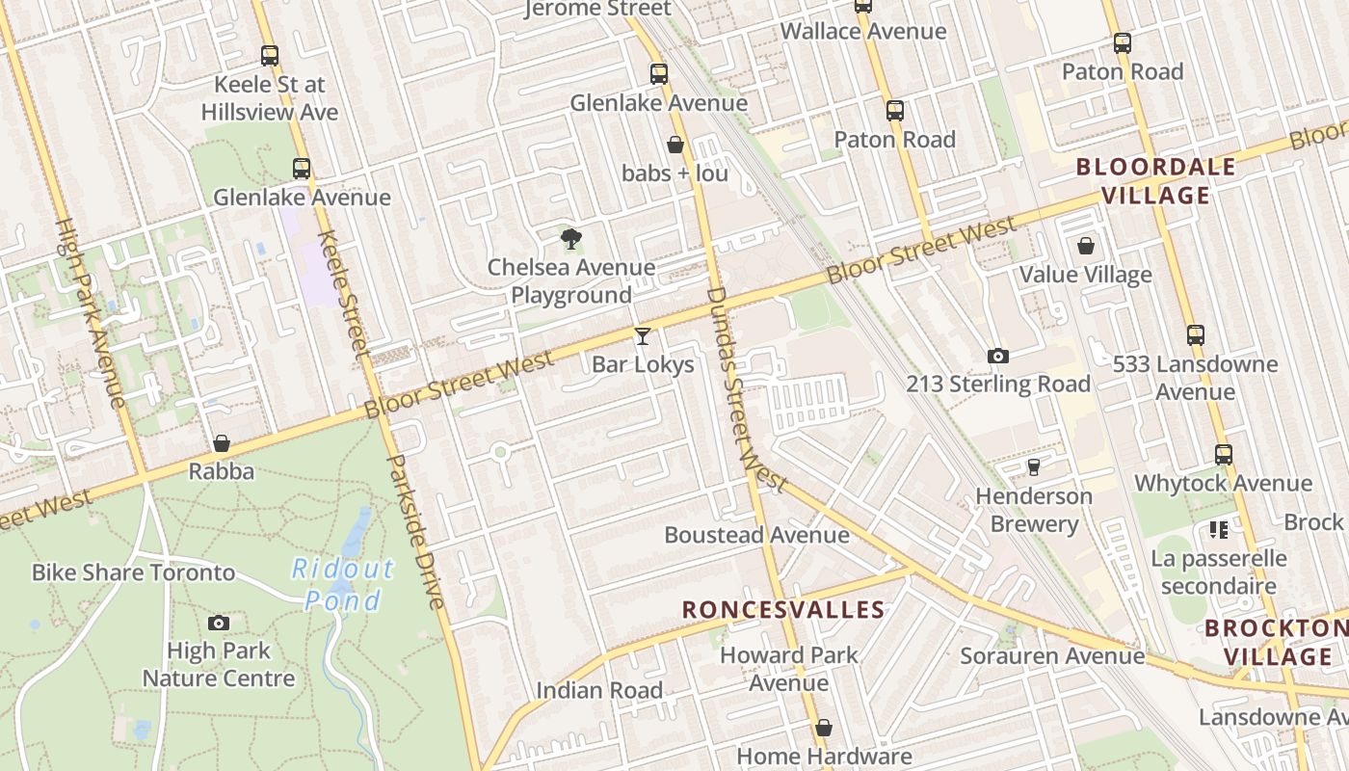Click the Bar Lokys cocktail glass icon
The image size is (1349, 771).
click(643, 335)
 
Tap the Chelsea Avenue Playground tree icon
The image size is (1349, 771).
click(571, 238)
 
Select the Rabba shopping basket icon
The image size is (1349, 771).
click(222, 443)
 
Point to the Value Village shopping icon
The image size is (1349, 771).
click(1086, 246)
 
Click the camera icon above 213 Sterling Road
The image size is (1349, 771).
click(998, 356)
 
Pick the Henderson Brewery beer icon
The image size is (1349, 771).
click(1034, 467)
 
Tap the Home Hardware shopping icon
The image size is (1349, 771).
click(824, 728)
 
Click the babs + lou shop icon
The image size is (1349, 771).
click(675, 145)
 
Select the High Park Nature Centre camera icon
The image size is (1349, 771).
click(219, 623)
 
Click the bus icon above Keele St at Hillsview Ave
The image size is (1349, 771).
click(270, 56)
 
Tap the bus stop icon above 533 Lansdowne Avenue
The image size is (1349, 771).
click(1196, 335)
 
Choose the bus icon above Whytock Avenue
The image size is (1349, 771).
click(1224, 455)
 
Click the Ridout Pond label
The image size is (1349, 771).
click(343, 584)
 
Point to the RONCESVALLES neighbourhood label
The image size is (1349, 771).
click(783, 609)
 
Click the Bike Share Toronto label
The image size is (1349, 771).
click(133, 572)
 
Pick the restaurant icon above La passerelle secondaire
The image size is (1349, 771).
click(1219, 530)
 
